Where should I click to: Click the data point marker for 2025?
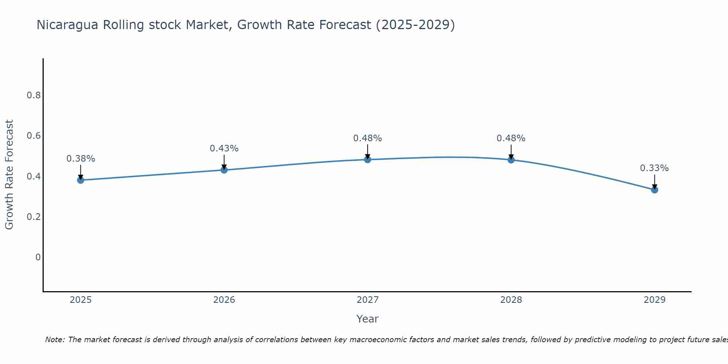[x=80, y=180]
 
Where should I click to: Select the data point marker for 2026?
[x=224, y=170]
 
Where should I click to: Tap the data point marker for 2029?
[x=654, y=190]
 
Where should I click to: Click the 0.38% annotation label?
[x=80, y=159]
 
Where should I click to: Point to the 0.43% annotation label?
[x=224, y=149]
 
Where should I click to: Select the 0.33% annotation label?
[x=654, y=168]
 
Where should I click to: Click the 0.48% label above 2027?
[x=367, y=138]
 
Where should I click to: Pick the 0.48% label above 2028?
[x=511, y=138]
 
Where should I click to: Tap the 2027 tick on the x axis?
[x=367, y=300]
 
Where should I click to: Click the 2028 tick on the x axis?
[x=511, y=300]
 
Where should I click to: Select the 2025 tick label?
[x=80, y=300]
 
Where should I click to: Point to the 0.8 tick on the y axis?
[x=33, y=95]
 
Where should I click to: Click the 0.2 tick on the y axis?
[x=33, y=217]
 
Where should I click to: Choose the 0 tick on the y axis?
[x=38, y=257]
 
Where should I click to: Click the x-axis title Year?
[x=367, y=319]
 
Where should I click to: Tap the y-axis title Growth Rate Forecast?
[x=9, y=175]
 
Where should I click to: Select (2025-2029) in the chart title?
[x=415, y=25]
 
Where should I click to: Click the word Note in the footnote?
[x=55, y=340]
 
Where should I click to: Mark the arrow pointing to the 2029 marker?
[x=654, y=181]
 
